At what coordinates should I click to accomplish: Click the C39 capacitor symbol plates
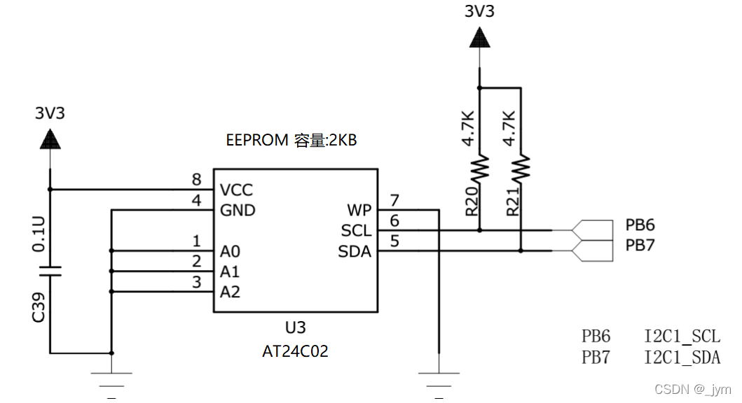[50, 271]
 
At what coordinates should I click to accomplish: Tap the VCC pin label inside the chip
[236, 190]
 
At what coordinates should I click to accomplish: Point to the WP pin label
[359, 211]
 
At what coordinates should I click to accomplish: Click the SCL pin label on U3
[356, 231]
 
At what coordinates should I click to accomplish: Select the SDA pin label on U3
[355, 251]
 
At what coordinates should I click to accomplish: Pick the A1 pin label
[230, 271]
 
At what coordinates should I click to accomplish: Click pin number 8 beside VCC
[197, 181]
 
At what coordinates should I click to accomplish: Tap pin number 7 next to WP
[394, 201]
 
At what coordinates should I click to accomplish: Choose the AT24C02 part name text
[295, 351]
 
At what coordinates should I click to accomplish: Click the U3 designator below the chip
[295, 328]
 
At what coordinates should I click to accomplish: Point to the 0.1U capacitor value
[39, 234]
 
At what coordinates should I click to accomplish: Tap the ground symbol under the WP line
[439, 382]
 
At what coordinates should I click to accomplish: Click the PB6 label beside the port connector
[640, 225]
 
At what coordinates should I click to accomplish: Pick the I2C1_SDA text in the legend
[682, 358]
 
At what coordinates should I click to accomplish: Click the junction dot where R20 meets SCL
[480, 230]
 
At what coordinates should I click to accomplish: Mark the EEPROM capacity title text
[291, 140]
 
